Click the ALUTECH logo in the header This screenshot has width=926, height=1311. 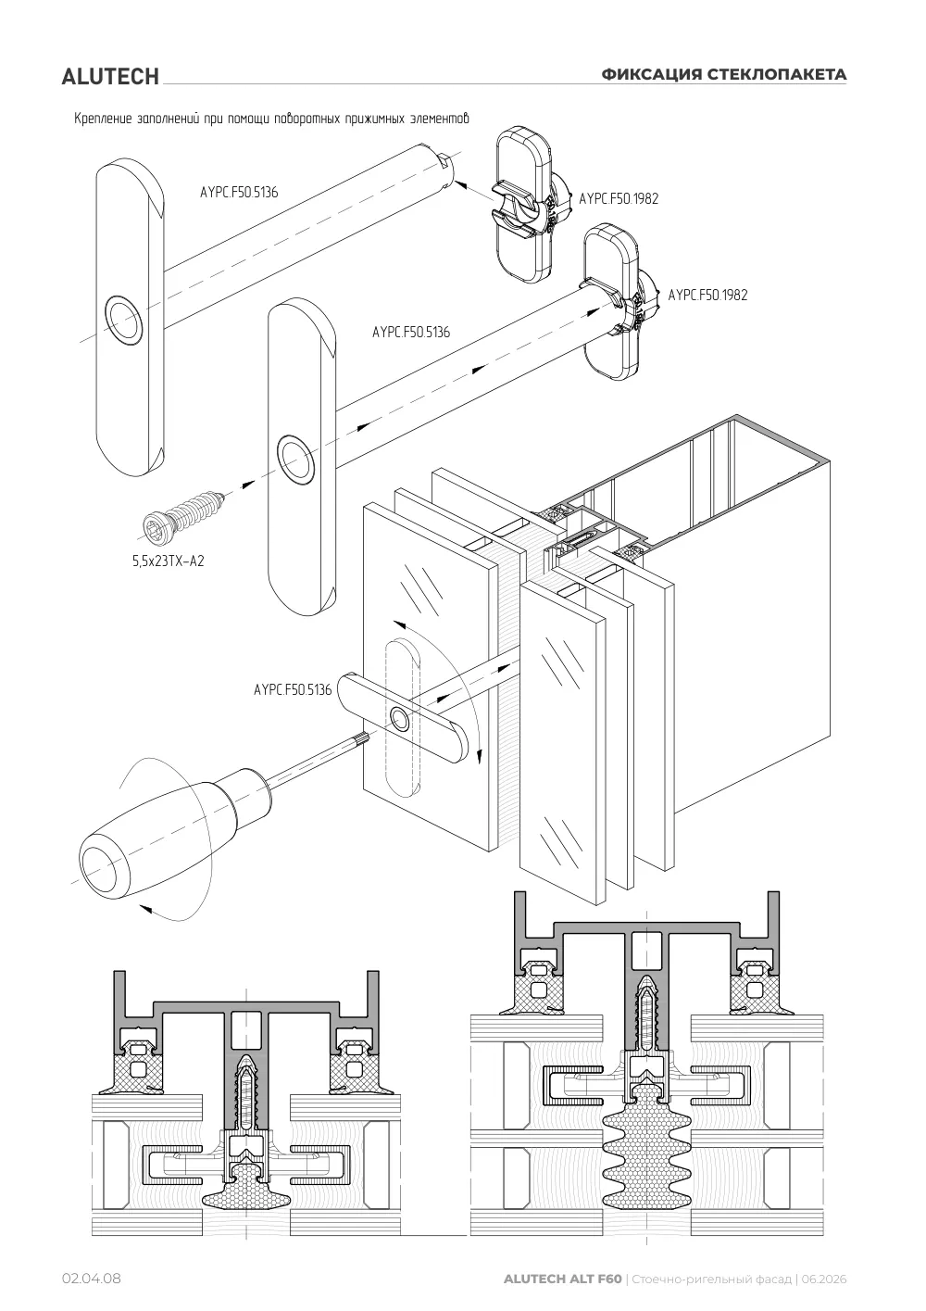tap(110, 77)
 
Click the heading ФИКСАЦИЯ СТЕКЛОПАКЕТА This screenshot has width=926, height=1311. tap(724, 75)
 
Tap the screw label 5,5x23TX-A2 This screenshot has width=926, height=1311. tap(168, 561)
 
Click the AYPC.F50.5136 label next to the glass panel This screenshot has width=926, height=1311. tap(293, 690)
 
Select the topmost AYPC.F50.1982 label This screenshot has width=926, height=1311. tap(619, 199)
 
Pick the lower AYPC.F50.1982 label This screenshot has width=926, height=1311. tap(707, 295)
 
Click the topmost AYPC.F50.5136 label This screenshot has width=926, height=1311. tap(239, 192)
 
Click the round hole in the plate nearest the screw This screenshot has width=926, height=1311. tap(296, 460)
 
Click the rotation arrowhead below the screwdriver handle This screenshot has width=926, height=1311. tap(147, 909)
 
